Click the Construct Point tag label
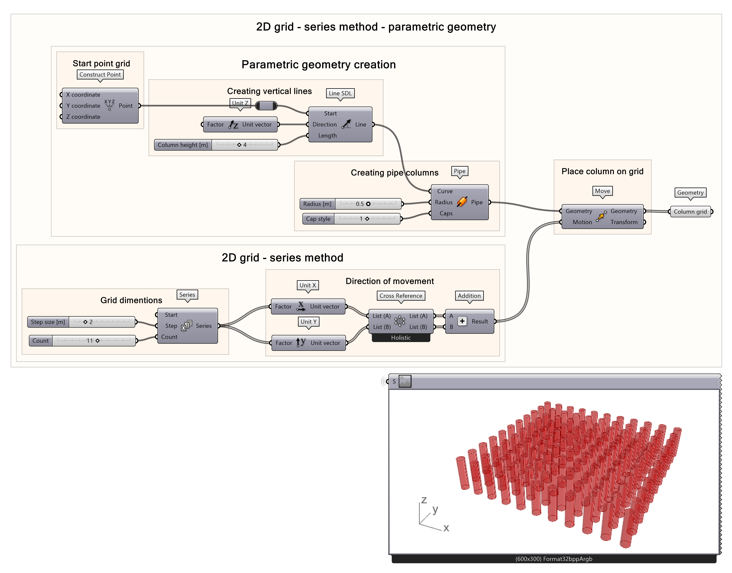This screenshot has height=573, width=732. point(100,74)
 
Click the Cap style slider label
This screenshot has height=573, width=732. point(318,219)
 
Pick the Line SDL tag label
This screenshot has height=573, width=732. point(340,93)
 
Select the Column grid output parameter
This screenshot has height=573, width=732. point(690,212)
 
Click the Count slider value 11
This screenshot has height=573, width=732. point(90,341)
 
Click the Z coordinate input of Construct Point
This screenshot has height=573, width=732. point(83,117)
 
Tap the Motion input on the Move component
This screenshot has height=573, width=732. point(582,222)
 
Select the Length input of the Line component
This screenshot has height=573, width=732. point(327,136)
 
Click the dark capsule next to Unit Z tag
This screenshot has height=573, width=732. point(266,106)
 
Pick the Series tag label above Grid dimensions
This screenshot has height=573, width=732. point(187,295)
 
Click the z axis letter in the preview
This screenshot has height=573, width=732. point(424,500)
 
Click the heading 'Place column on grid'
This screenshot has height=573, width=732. point(602,171)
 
